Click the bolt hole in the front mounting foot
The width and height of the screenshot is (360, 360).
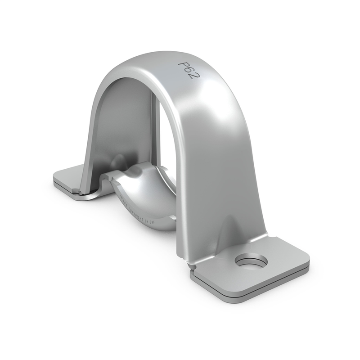coord(251,260)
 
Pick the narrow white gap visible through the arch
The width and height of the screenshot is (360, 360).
coord(158,130)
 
